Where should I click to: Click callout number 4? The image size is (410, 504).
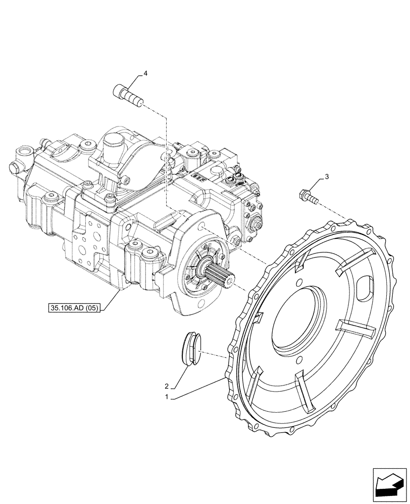pyautogui.click(x=145, y=74)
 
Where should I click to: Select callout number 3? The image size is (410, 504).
pyautogui.click(x=327, y=176)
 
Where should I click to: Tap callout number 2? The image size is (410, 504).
pyautogui.click(x=167, y=387)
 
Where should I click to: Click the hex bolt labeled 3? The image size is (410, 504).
pyautogui.click(x=309, y=197)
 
